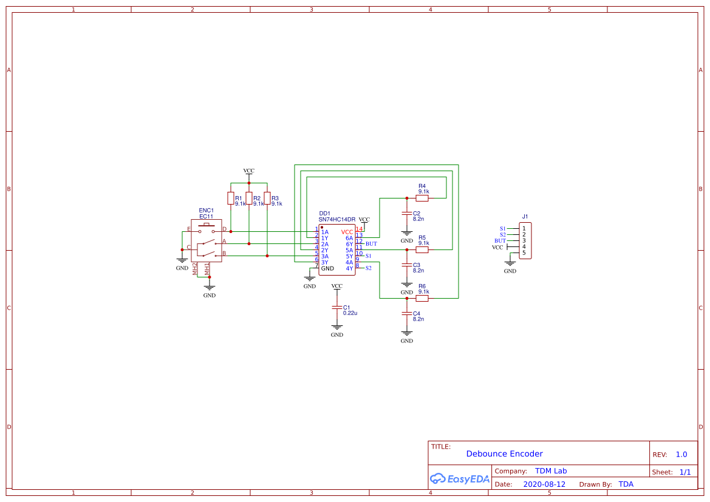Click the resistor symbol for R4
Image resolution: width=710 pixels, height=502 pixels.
point(422,198)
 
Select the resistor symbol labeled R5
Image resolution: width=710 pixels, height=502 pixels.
point(422,249)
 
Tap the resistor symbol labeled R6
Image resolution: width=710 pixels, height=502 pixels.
point(422,298)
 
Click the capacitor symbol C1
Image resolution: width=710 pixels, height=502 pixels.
point(337,308)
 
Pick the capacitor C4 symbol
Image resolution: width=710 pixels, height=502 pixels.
point(407,313)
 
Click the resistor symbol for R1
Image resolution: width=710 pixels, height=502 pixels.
point(230,198)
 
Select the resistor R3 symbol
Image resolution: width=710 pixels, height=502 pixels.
point(267,198)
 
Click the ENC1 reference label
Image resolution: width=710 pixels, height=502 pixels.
point(207,211)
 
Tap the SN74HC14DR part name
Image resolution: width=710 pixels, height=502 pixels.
point(337,219)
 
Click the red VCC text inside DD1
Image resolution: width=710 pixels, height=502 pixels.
point(347,232)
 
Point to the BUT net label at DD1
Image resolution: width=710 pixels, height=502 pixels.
point(371,243)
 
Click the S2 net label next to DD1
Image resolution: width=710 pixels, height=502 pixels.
point(368,268)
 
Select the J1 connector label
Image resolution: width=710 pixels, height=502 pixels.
point(525,217)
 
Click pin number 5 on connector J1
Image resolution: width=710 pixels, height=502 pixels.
point(524,253)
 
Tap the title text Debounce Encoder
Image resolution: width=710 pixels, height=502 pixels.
point(504,453)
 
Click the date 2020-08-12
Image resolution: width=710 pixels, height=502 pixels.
point(544,484)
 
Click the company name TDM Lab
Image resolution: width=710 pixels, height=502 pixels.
point(551,471)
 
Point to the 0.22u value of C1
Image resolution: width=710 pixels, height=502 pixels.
point(350,313)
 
